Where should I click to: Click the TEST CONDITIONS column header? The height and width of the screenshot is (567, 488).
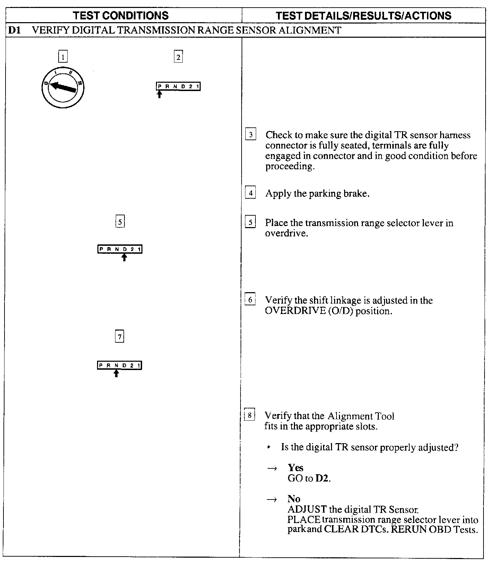121,16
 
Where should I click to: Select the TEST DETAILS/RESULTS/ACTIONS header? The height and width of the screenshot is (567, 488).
364,16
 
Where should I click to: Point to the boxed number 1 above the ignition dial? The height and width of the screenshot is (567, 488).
63,56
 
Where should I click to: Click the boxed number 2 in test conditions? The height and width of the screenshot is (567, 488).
178,57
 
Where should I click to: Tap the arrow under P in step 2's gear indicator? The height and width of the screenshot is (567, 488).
159,94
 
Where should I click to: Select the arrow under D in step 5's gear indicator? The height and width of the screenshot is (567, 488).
124,257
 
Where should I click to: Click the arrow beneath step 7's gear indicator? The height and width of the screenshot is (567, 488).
116,373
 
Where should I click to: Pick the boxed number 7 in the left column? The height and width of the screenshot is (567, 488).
119,336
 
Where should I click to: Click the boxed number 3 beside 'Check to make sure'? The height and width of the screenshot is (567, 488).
251,134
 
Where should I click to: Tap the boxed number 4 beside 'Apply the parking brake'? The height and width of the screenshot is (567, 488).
250,192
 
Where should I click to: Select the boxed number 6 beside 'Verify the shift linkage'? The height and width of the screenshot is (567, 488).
250,300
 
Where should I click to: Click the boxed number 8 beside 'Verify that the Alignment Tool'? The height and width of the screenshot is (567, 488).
250,415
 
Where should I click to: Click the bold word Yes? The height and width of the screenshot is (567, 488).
295,468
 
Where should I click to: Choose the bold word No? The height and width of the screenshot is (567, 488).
294,499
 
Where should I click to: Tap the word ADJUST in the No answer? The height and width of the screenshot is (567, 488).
307,510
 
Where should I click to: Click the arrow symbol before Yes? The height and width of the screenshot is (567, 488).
272,468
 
